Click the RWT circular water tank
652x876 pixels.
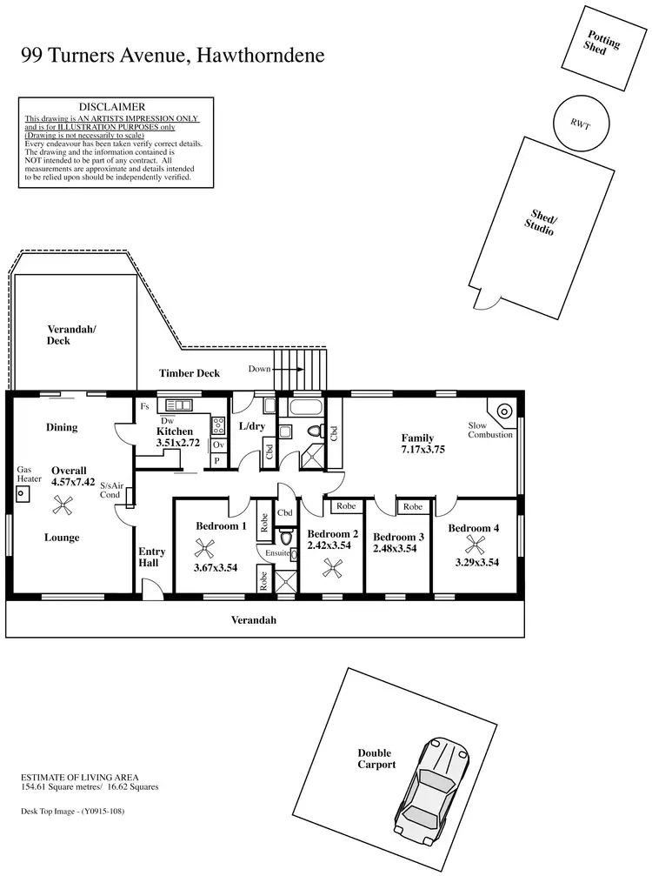pos(580,123)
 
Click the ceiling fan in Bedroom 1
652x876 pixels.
pos(206,547)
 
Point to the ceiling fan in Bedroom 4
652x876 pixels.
pos(475,545)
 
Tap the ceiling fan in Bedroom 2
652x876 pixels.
pos(332,567)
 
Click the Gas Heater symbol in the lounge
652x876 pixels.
pos(20,492)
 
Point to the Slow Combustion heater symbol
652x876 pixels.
pos(502,411)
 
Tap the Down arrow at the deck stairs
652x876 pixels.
pos(287,369)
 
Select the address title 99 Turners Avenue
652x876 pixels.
pos(172,57)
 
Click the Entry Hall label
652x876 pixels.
pos(152,558)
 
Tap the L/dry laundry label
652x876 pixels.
pos(251,426)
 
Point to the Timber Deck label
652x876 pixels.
pos(190,373)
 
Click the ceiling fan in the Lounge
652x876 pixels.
pos(63,503)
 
